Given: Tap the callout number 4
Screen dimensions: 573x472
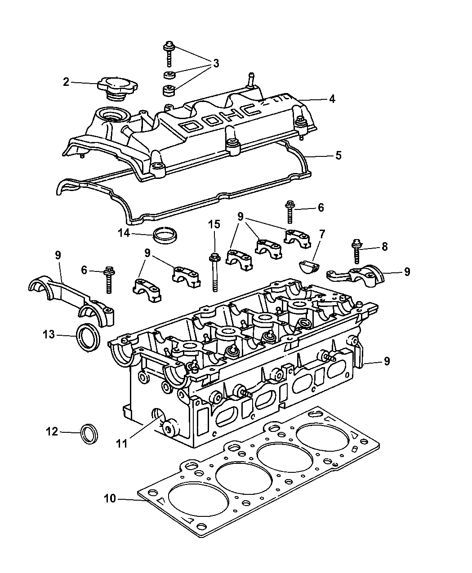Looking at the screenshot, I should [x=332, y=98].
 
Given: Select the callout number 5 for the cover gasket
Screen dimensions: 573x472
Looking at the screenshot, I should [x=338, y=155].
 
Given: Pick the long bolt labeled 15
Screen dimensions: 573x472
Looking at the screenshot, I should [x=214, y=272].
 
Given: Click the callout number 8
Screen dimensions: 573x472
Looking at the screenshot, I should [x=384, y=246].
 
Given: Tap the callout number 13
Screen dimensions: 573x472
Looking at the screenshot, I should [x=49, y=334].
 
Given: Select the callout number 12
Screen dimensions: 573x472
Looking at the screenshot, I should [x=52, y=431].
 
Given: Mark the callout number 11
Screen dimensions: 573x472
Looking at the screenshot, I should [x=121, y=443].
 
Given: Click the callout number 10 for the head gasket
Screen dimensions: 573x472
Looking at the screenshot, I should [x=110, y=498].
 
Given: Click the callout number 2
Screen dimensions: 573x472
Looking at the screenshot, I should [x=66, y=82].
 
